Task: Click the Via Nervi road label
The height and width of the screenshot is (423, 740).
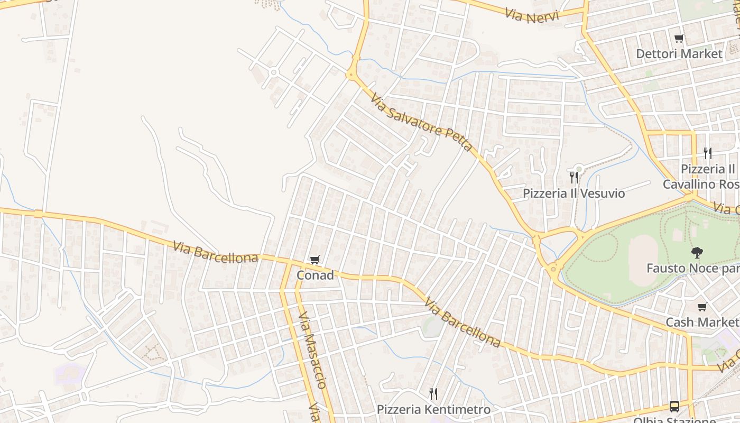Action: [531, 15]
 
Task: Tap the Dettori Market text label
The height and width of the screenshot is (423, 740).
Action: [679, 53]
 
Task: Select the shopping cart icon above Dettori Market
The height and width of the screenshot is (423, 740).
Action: [679, 38]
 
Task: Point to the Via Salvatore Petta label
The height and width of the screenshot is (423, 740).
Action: [421, 122]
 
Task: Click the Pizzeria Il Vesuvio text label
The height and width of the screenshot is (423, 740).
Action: [573, 193]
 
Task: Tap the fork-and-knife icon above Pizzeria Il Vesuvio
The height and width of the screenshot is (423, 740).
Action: [573, 178]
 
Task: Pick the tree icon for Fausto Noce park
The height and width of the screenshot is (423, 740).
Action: [697, 253]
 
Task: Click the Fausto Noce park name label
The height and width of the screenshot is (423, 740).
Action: [692, 268]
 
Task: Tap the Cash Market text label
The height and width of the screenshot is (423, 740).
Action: [702, 322]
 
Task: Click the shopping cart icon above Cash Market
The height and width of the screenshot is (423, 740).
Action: [702, 307]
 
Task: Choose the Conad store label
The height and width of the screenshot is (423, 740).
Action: [315, 275]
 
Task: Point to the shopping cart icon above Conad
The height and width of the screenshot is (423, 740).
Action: [315, 260]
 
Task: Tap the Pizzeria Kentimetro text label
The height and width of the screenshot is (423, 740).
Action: [433, 409]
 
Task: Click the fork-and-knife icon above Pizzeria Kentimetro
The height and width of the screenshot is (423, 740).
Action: [433, 393]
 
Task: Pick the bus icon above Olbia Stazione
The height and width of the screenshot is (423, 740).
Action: [674, 406]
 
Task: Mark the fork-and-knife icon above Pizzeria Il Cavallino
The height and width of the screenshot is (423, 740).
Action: [708, 153]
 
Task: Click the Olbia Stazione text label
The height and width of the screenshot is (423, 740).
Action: [674, 420]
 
